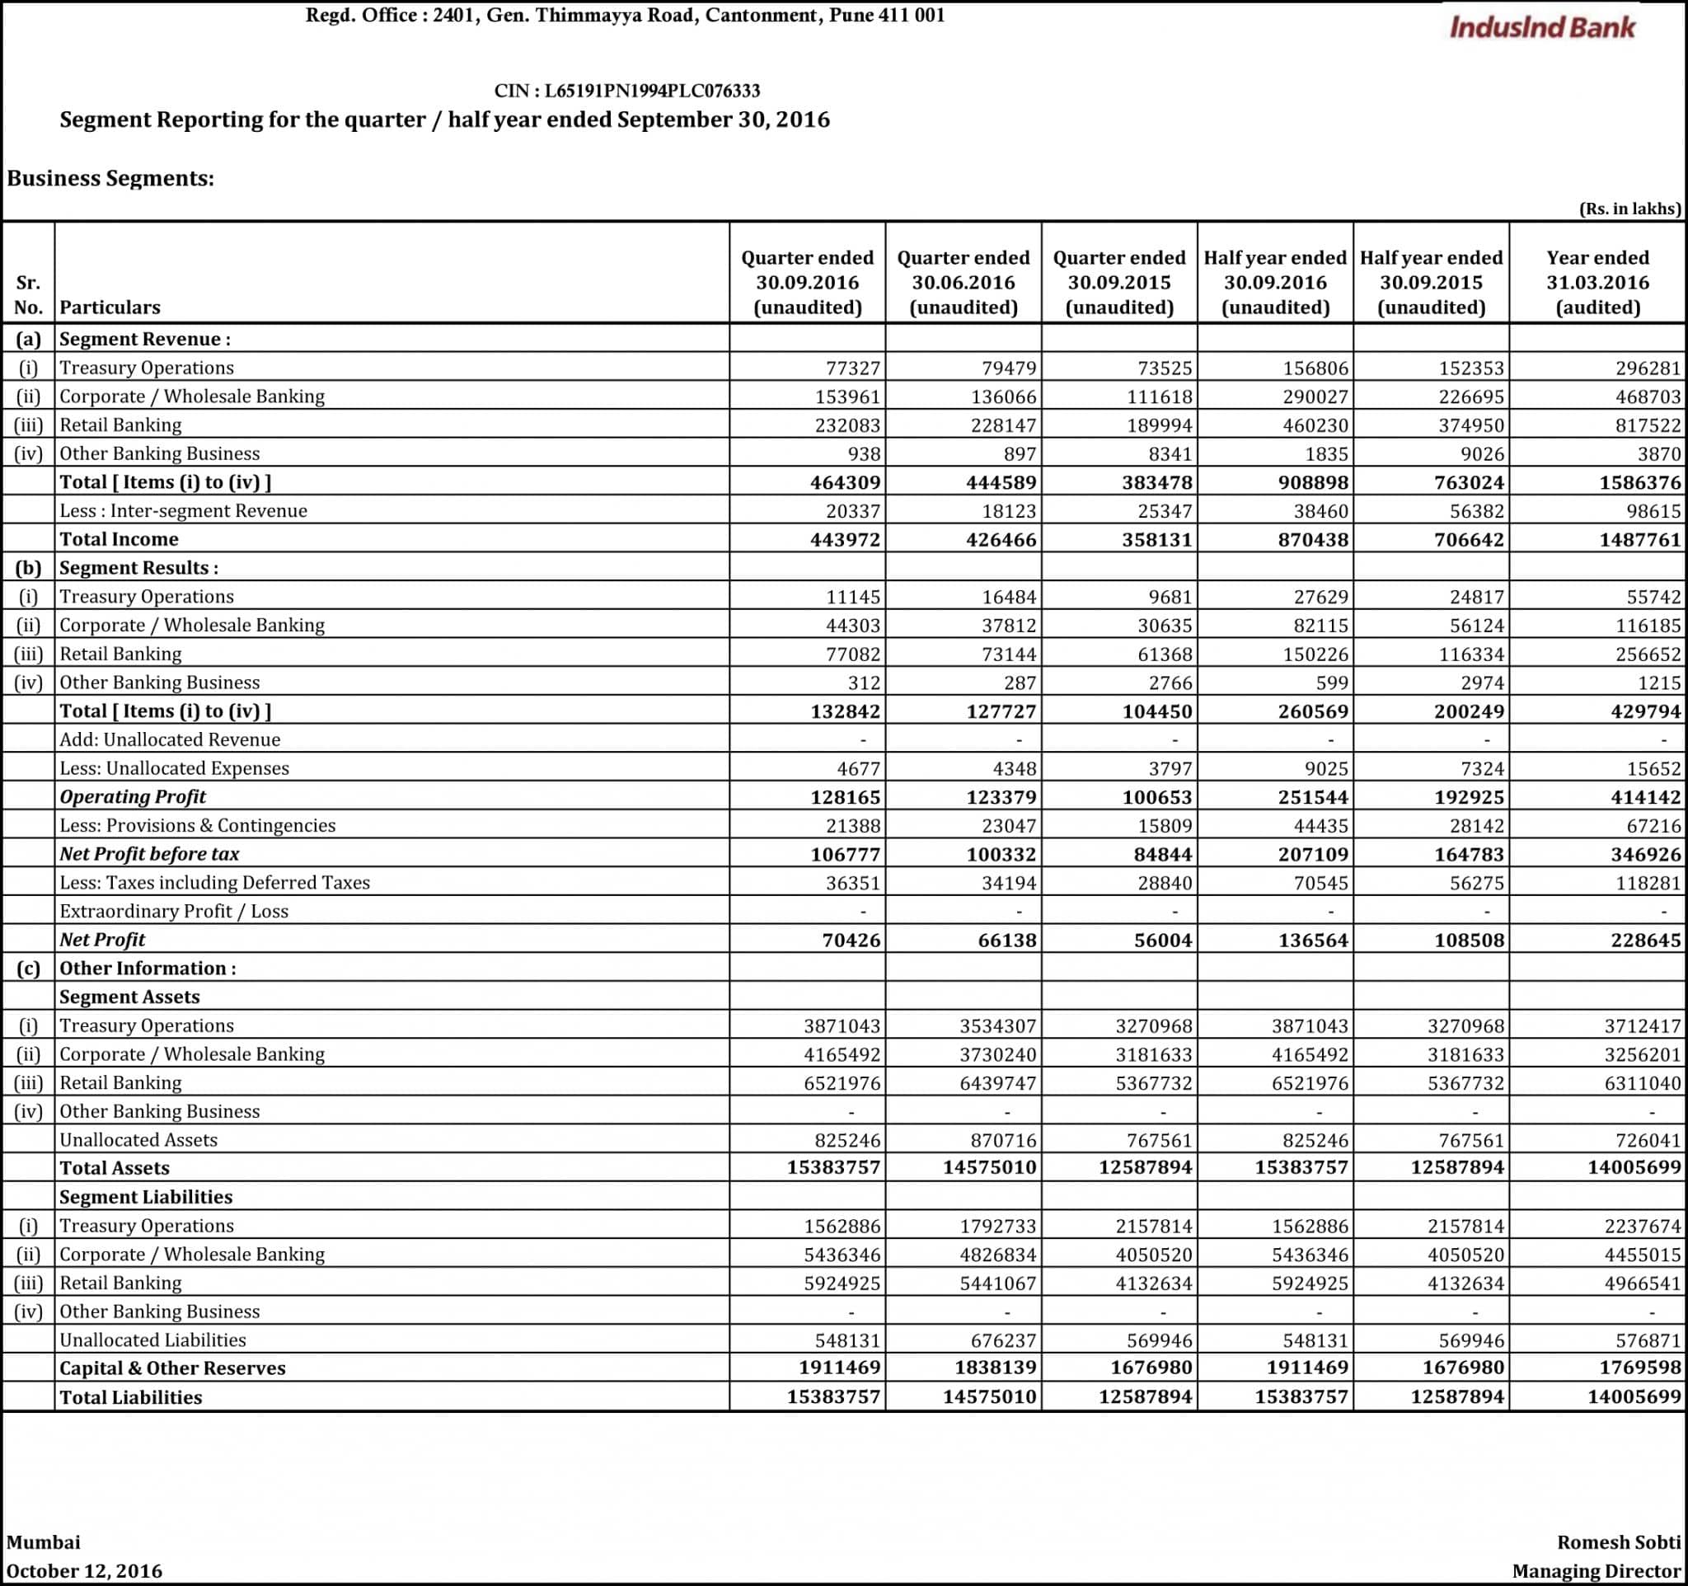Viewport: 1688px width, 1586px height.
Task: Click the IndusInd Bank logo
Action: click(1541, 27)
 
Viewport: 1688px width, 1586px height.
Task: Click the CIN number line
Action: click(626, 91)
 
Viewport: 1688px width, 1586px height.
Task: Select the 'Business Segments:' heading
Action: click(110, 178)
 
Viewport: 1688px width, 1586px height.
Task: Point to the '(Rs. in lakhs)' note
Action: click(1629, 209)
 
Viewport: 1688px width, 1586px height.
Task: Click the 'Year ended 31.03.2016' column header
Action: click(1597, 282)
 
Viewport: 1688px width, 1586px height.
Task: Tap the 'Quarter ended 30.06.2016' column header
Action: click(963, 282)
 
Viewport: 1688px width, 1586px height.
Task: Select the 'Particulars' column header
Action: click(110, 307)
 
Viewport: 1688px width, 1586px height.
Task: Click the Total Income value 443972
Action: click(845, 539)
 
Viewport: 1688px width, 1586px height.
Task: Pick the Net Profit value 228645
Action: click(1645, 940)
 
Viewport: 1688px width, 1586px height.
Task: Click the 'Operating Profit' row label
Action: click(133, 796)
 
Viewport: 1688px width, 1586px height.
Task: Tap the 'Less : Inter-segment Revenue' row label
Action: click(184, 510)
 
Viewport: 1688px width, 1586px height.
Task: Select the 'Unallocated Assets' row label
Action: click(138, 1139)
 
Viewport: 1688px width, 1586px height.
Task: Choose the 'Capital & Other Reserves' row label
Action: click(172, 1368)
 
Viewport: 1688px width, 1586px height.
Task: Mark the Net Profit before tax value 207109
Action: click(1313, 854)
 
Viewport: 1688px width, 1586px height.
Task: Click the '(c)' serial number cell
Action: click(28, 968)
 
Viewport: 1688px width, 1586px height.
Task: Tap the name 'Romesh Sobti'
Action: click(1619, 1541)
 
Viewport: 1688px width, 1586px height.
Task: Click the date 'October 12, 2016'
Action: click(84, 1570)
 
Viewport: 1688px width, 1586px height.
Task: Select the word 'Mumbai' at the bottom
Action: click(44, 1541)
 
